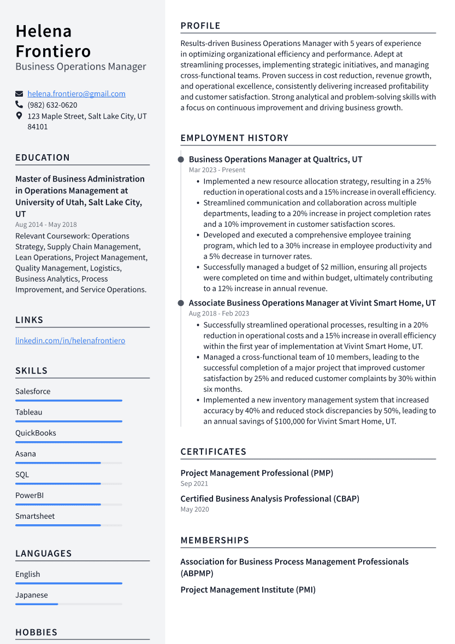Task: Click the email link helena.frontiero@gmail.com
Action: pyautogui.click(x=76, y=94)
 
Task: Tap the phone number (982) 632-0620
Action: pyautogui.click(x=52, y=105)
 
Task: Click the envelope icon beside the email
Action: pyautogui.click(x=19, y=94)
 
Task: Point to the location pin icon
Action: pyautogui.click(x=19, y=116)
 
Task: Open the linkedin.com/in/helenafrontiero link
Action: pyautogui.click(x=70, y=341)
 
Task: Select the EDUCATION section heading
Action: pyautogui.click(x=43, y=157)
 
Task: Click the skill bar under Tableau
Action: pyautogui.click(x=68, y=421)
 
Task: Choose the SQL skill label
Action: pyautogui.click(x=22, y=475)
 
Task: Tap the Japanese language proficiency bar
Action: pyautogui.click(x=37, y=604)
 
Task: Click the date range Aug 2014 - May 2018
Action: pyautogui.click(x=46, y=224)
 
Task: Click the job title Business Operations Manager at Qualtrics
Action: pyautogui.click(x=275, y=160)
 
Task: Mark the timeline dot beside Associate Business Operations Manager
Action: pyautogui.click(x=181, y=303)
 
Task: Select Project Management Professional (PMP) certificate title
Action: pyautogui.click(x=257, y=473)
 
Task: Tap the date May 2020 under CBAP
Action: pyautogui.click(x=194, y=509)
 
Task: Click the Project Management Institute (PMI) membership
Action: pyautogui.click(x=248, y=590)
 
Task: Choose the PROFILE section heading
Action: pyautogui.click(x=200, y=26)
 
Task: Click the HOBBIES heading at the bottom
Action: pyautogui.click(x=36, y=633)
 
